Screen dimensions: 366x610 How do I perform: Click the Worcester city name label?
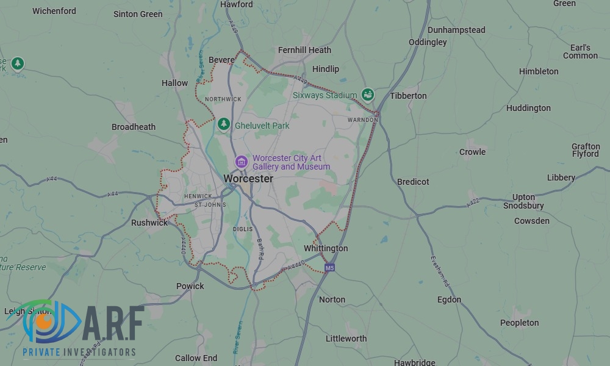pos(248,178)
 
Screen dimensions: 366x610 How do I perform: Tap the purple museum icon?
pos(242,162)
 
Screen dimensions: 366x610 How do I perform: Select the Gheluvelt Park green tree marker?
pos(224,124)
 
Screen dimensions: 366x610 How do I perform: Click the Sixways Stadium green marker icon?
pos(367,95)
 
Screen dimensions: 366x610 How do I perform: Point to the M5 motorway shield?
pos(329,267)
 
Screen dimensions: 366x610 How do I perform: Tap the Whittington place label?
pos(326,248)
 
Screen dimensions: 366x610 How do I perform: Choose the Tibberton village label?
pos(408,96)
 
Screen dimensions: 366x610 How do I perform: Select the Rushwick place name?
pos(149,223)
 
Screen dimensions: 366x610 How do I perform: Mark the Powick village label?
pos(190,286)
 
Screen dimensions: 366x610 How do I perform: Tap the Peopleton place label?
pos(519,323)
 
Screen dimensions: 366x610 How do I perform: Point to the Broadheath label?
pos(134,127)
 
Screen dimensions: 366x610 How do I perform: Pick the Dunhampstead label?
pos(456,30)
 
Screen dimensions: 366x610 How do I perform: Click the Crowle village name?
pos(472,152)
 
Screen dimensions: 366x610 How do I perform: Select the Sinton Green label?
pos(138,14)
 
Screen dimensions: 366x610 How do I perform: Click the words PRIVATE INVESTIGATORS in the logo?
pos(79,352)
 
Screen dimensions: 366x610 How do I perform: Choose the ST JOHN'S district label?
pos(210,205)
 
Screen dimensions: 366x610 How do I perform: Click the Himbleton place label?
pos(539,71)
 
